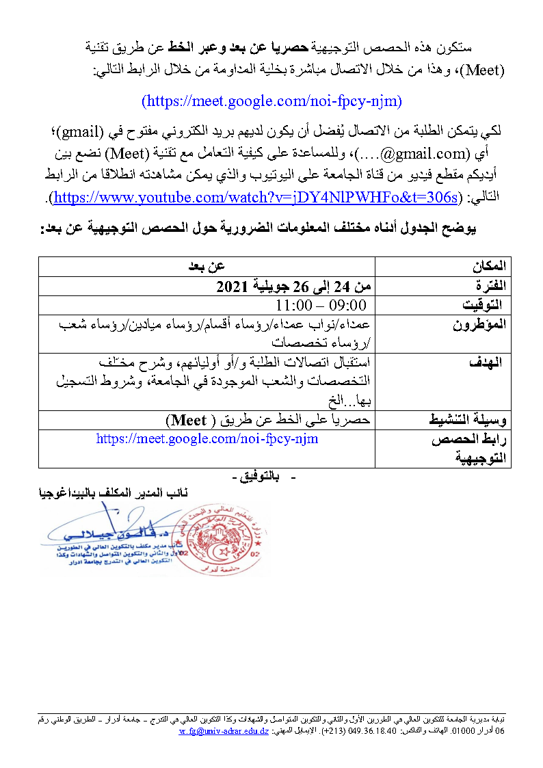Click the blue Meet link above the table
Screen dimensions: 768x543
click(x=271, y=101)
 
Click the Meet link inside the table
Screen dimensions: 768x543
click(x=207, y=438)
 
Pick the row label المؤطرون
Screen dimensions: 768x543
click(x=479, y=323)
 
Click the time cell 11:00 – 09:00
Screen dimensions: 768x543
click(x=321, y=304)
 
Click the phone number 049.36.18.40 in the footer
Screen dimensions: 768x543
click(x=369, y=732)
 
